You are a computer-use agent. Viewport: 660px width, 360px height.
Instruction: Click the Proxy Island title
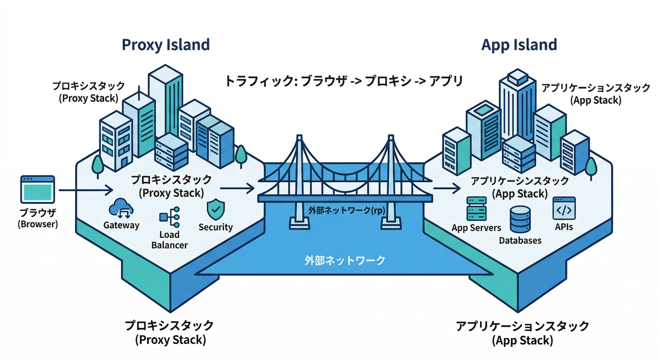[165, 45]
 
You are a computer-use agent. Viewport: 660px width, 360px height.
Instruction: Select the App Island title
[519, 45]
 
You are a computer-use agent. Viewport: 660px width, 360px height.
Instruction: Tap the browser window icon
[38, 189]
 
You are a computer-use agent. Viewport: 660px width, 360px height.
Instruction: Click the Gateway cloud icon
[121, 208]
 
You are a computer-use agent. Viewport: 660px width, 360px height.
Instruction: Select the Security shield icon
[215, 209]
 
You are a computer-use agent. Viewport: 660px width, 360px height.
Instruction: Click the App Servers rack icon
[476, 209]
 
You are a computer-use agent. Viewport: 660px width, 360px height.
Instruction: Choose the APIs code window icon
[563, 209]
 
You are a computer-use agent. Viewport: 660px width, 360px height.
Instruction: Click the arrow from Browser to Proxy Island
[86, 190]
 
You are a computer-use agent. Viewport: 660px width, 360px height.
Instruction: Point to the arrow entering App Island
[445, 188]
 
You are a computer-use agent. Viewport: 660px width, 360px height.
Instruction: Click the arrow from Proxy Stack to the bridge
[237, 188]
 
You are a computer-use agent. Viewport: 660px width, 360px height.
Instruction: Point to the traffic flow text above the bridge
[344, 81]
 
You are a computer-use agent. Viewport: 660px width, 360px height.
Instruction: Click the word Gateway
[121, 225]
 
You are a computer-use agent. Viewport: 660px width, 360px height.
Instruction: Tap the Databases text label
[520, 240]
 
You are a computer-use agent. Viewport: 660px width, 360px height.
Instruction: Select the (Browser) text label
[37, 224]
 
